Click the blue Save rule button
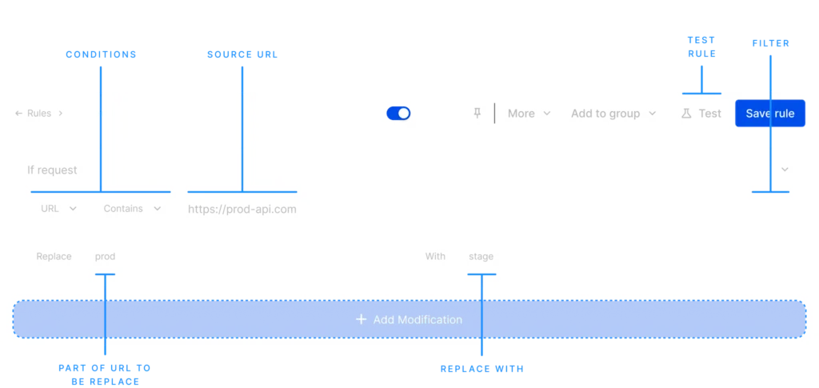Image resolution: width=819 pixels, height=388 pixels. coord(770,114)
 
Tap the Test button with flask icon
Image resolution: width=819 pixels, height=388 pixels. coord(701,114)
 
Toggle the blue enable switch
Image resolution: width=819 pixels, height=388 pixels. coord(398,114)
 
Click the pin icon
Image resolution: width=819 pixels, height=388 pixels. coord(477,113)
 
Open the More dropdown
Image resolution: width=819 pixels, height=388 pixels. coord(529,114)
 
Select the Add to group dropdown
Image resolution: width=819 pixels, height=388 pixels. coord(613,114)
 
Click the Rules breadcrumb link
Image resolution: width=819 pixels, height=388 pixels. coord(39,114)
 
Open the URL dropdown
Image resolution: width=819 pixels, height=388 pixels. coord(59,208)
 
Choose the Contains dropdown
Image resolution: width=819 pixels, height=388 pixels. coord(132,208)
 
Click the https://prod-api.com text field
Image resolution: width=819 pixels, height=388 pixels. coord(242,210)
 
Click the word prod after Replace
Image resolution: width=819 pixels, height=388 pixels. coord(105,257)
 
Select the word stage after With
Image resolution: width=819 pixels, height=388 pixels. coord(481,257)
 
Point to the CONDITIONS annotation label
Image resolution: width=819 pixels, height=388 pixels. coord(101,54)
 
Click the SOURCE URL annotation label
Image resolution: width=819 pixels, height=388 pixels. coord(242,54)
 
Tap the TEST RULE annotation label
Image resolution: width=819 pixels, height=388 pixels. coord(701,47)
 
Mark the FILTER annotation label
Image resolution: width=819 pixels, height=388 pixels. coord(770,43)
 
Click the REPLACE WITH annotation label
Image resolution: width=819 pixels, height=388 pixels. coord(481,369)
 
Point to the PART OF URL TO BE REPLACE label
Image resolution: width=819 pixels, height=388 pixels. coord(105,375)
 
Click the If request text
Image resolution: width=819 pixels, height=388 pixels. coord(52,170)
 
